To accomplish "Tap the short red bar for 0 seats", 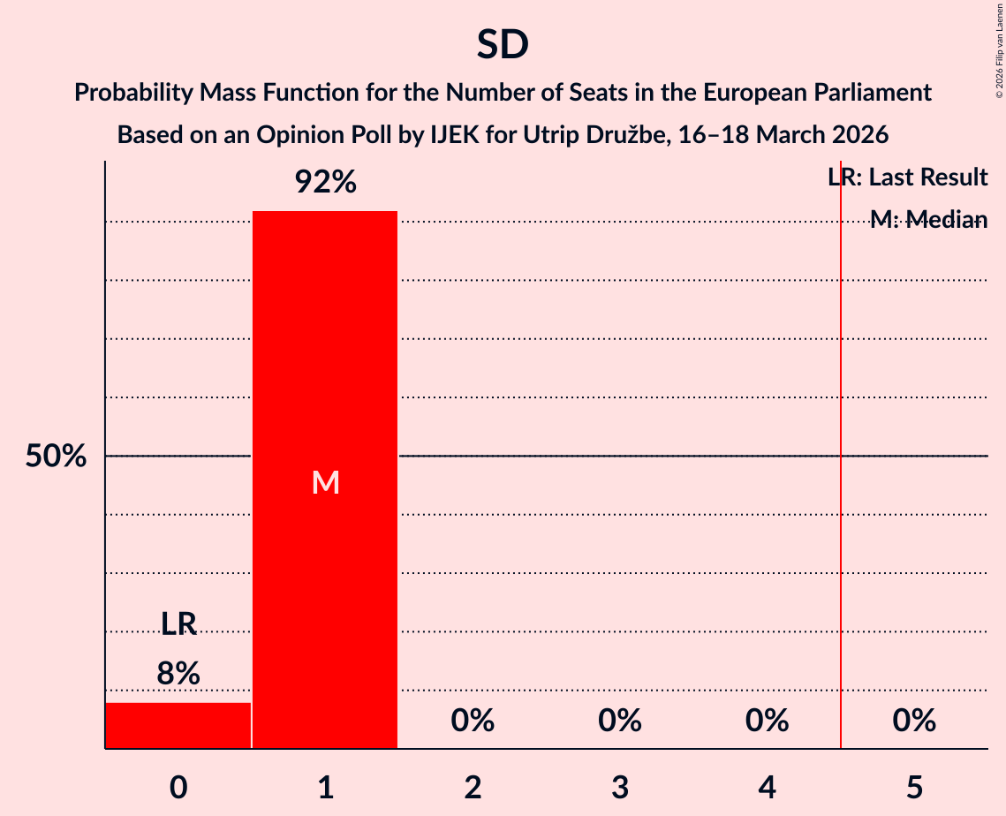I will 178,725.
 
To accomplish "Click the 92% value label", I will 325,183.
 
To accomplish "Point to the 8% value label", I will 178,674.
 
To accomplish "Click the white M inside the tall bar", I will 325,482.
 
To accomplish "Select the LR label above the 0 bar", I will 178,624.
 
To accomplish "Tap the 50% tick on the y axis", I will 56,457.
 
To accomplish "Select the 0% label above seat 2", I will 473,722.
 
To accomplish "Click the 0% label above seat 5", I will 914,722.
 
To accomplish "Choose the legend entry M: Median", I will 927,220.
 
